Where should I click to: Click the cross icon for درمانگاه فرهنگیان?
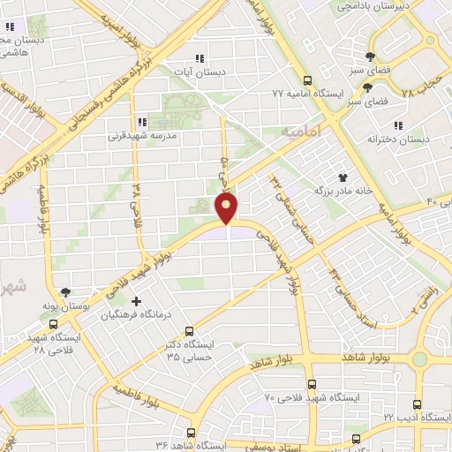[136, 301]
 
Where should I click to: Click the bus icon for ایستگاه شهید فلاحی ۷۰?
[311, 384]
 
